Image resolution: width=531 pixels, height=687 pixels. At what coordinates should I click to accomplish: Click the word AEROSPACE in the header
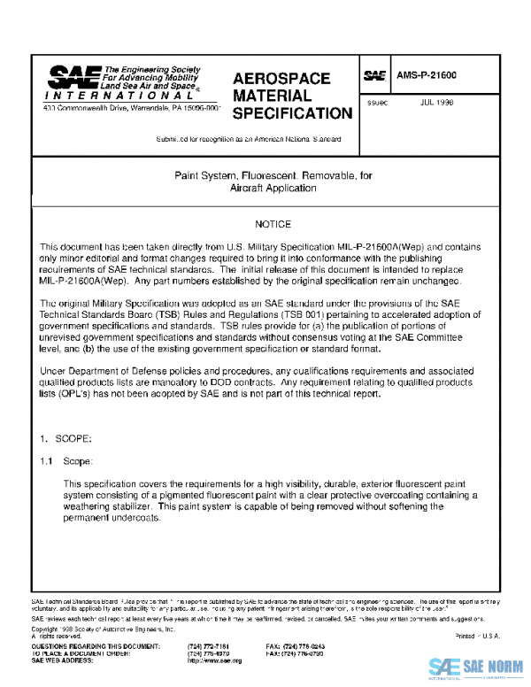click(281, 79)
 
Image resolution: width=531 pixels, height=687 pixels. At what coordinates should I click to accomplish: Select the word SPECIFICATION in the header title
click(291, 113)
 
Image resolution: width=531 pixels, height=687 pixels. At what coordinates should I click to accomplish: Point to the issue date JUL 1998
click(437, 102)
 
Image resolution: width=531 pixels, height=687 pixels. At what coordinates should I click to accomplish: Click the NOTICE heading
click(273, 225)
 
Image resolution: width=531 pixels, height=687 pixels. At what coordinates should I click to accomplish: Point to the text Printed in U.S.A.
click(477, 637)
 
